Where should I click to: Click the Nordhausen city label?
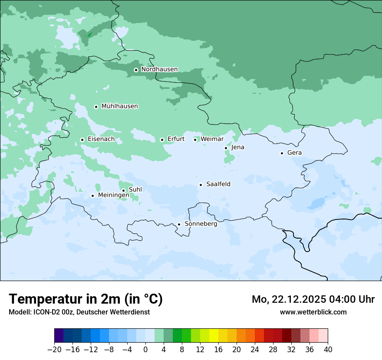(x=159, y=69)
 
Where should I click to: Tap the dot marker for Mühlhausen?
(x=96, y=107)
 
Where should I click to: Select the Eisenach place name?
(x=101, y=139)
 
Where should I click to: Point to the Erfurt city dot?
(x=162, y=140)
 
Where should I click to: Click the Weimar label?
(x=212, y=139)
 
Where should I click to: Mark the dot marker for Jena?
(x=226, y=148)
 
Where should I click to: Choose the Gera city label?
(x=294, y=153)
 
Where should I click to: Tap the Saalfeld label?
(x=218, y=184)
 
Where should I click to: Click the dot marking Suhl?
(x=123, y=190)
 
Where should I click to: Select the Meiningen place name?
(x=113, y=196)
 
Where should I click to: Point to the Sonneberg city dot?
(x=179, y=225)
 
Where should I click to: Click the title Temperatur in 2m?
(x=86, y=299)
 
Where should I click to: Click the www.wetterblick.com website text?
(x=313, y=312)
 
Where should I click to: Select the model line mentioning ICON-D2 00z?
(x=79, y=312)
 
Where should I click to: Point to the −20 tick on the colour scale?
(x=54, y=350)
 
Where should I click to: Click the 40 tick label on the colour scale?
(x=328, y=350)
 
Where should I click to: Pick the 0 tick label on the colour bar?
(x=145, y=350)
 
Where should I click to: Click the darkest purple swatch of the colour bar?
(x=59, y=336)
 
